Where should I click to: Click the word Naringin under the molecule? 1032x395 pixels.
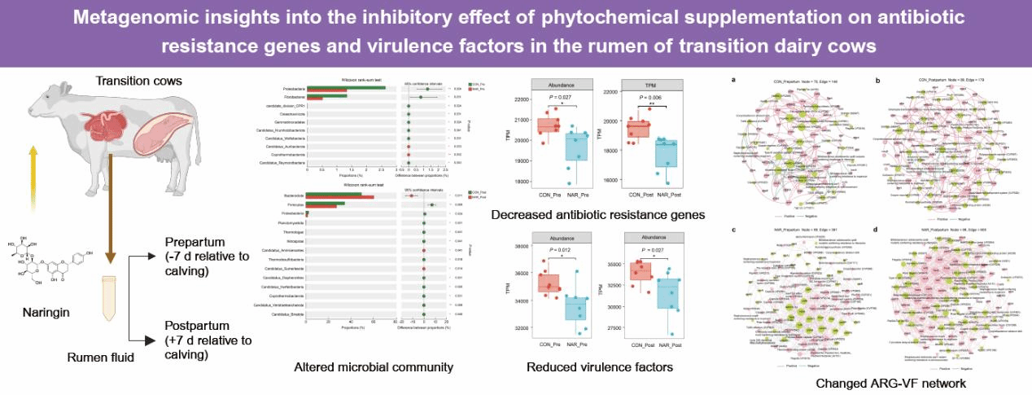click(x=38, y=312)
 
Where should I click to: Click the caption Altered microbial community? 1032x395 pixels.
click(x=374, y=367)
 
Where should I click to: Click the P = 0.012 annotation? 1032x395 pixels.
click(x=558, y=249)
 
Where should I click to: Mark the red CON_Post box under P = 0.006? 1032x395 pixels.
click(x=638, y=129)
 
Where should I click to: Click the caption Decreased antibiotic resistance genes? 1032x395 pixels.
click(x=597, y=216)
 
